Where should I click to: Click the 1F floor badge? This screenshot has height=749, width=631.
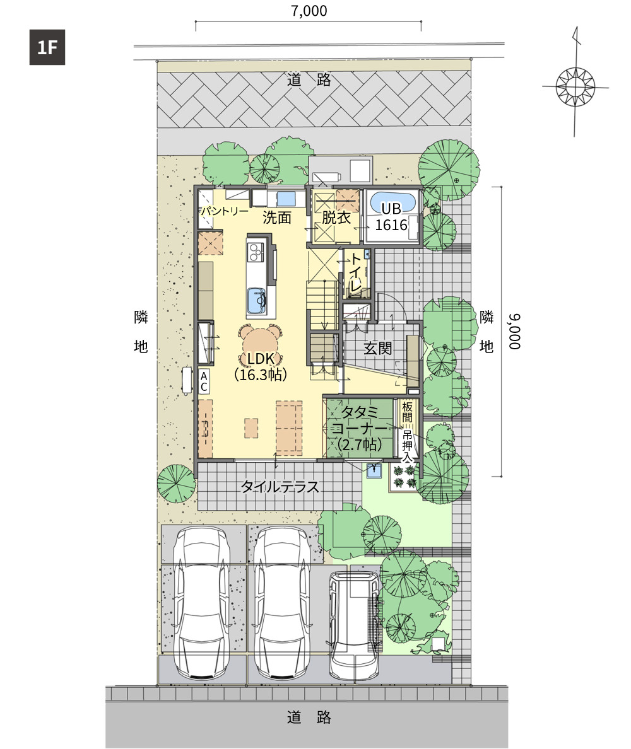click(x=47, y=47)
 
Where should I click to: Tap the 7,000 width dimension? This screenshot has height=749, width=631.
click(x=309, y=11)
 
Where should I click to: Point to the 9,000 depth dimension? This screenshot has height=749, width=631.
click(x=514, y=332)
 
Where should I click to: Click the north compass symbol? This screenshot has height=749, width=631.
click(x=575, y=86)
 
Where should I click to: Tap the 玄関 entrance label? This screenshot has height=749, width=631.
click(x=377, y=348)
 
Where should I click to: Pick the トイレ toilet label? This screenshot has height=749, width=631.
click(x=355, y=273)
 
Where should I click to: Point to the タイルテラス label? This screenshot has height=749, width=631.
click(x=280, y=487)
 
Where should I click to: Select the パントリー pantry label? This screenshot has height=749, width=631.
click(x=225, y=211)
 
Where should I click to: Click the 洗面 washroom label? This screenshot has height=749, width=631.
click(x=277, y=218)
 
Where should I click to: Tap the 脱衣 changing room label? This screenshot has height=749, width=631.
click(x=336, y=218)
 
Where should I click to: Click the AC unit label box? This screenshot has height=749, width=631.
click(x=204, y=381)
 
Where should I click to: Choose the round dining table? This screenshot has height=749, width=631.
click(x=261, y=342)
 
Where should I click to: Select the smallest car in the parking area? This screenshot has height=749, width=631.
click(x=354, y=624)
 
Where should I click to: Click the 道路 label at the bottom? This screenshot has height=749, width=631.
click(x=309, y=717)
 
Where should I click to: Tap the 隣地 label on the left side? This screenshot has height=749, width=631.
click(x=141, y=332)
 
